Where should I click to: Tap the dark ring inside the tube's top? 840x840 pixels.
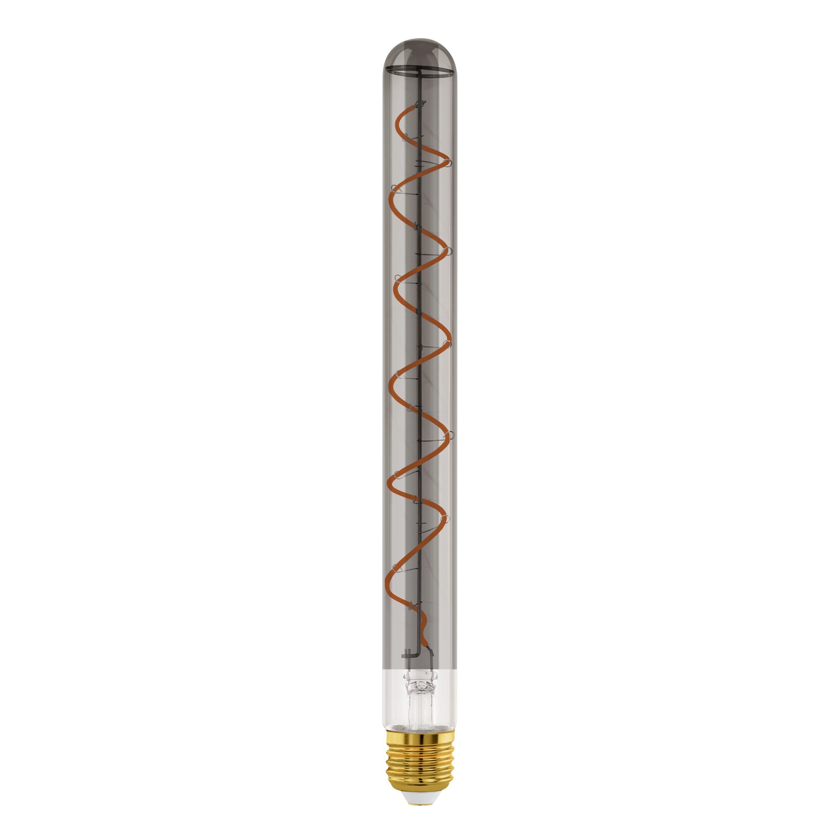[420, 70]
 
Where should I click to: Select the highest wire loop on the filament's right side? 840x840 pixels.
[449, 163]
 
